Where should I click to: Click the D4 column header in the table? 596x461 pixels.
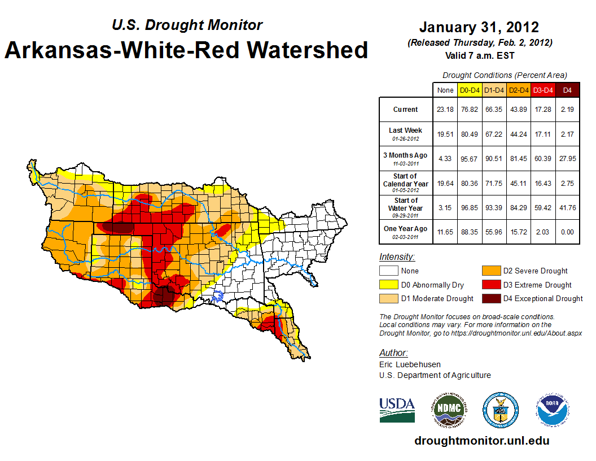click(x=567, y=90)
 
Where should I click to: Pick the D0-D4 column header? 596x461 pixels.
click(x=470, y=90)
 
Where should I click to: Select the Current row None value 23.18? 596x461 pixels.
click(x=445, y=110)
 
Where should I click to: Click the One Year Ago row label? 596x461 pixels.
click(x=406, y=229)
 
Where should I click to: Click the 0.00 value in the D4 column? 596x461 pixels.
click(x=567, y=229)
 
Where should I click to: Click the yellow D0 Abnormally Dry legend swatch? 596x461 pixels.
click(x=388, y=285)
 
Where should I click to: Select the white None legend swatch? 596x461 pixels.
click(x=388, y=271)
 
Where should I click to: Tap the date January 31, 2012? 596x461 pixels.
click(x=479, y=27)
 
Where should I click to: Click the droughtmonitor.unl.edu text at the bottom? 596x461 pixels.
click(x=481, y=441)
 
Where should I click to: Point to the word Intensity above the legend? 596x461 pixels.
click(x=397, y=257)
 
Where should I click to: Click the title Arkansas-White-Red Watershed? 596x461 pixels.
click(x=186, y=50)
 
